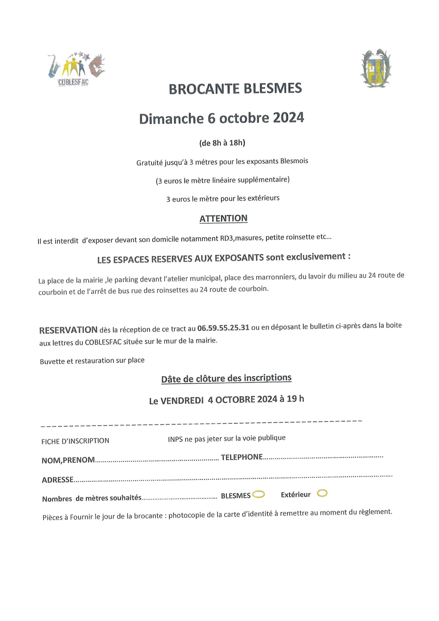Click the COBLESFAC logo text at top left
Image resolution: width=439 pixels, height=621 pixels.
73,82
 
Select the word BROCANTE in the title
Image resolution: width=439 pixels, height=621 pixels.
204,89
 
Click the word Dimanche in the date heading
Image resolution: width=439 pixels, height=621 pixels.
171,119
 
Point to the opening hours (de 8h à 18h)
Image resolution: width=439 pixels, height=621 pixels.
222,143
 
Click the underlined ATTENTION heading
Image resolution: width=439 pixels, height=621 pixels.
223,219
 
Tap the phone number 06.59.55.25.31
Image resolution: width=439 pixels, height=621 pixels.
223,328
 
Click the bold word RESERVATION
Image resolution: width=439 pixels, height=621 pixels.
68,330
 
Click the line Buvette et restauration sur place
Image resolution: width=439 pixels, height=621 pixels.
92,361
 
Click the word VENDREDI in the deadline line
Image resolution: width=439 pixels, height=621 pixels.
182,401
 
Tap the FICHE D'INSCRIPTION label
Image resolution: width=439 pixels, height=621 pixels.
75,441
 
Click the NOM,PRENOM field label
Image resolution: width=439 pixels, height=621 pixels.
68,460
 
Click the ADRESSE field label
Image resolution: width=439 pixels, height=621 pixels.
58,480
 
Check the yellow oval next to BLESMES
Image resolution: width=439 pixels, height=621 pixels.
259,494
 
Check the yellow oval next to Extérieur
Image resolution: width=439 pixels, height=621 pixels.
322,493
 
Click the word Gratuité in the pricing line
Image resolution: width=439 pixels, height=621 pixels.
149,163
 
